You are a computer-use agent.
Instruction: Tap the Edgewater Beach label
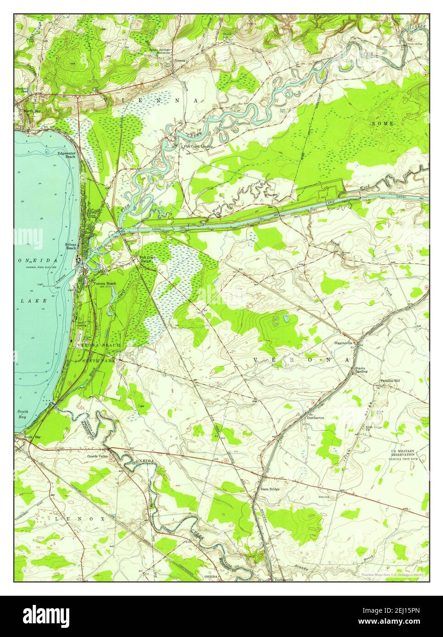coord(66,155)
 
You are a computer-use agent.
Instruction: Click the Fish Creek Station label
coord(148,259)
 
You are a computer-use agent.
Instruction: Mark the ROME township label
coord(380,124)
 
